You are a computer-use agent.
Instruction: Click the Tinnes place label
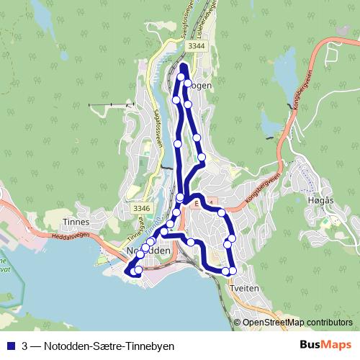click(x=76, y=222)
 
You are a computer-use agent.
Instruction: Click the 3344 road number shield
click(x=196, y=45)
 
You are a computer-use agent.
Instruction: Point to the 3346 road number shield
click(x=141, y=209)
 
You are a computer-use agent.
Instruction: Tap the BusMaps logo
click(x=325, y=345)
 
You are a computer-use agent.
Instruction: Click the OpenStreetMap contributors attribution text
click(x=297, y=323)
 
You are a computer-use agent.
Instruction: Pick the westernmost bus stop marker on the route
click(x=132, y=272)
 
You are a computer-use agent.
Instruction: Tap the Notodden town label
click(x=148, y=251)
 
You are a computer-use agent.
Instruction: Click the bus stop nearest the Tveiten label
click(x=233, y=271)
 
